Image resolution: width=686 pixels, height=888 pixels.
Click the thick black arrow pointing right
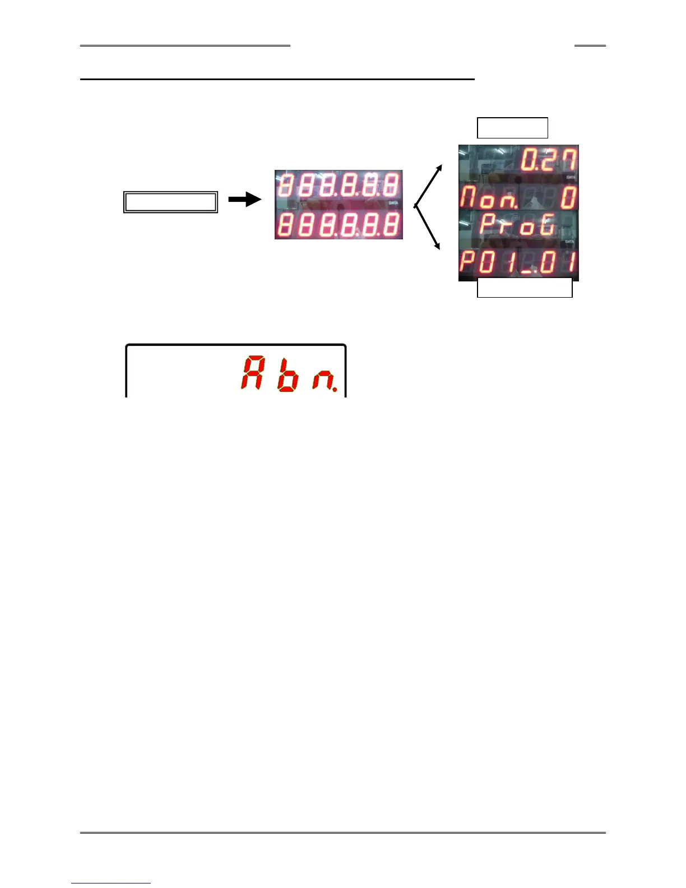[x=245, y=200]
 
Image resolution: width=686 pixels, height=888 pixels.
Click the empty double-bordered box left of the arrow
[x=170, y=202]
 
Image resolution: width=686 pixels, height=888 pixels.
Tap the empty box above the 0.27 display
[x=512, y=128]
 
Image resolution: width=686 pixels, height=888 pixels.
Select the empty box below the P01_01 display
[x=525, y=288]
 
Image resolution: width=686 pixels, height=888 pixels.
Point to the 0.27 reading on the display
[x=548, y=160]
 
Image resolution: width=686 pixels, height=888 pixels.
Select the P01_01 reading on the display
[x=518, y=262]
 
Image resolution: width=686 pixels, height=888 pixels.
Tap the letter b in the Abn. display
[x=288, y=374]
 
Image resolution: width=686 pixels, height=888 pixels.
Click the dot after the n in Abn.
[x=335, y=388]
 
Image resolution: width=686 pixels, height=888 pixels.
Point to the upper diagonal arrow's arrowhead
[x=439, y=168]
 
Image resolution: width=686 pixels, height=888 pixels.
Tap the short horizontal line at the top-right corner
[x=590, y=45]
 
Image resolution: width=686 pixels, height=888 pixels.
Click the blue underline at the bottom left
[x=111, y=884]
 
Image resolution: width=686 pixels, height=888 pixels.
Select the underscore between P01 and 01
[x=526, y=271]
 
